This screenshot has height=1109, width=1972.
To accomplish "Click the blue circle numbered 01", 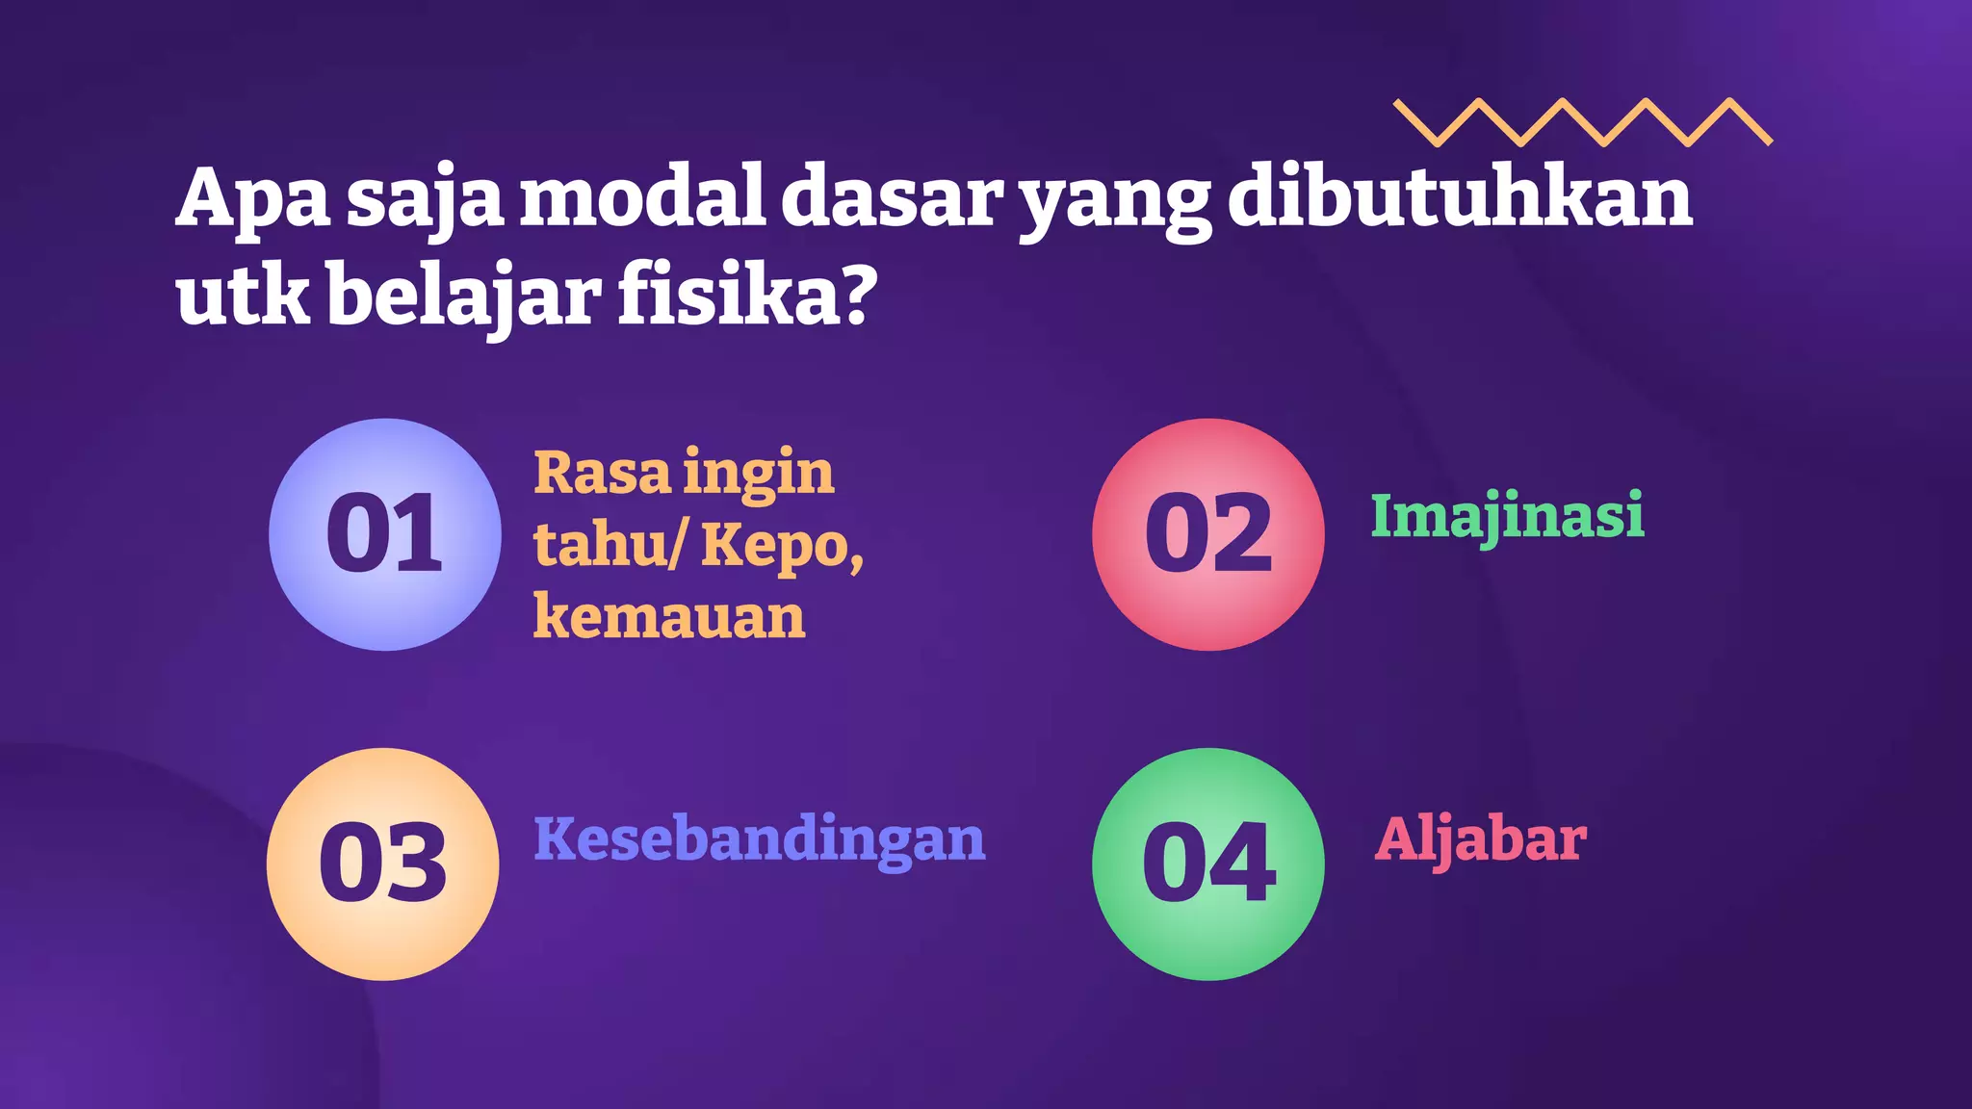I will [385, 534].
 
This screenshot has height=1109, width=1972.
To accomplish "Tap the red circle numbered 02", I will [1208, 534].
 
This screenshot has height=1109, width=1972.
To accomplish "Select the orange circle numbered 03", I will [383, 864].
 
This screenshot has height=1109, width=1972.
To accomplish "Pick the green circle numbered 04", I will [1208, 864].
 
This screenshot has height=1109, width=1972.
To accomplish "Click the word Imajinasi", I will [1507, 516].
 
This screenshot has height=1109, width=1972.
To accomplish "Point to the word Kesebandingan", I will [760, 839].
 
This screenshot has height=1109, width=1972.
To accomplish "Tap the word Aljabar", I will [1480, 839].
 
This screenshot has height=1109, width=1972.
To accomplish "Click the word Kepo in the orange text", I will [776, 546].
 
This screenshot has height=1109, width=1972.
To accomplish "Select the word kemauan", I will [669, 616].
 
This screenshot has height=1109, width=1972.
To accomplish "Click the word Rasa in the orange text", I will [602, 473].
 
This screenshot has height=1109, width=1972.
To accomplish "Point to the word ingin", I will [759, 475].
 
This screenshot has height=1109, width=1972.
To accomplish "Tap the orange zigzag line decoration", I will [1582, 122].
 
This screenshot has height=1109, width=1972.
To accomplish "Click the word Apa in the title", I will [253, 198].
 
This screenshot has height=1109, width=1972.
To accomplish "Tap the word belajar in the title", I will [464, 297].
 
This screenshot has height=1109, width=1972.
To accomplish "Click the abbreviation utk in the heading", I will [243, 295].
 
